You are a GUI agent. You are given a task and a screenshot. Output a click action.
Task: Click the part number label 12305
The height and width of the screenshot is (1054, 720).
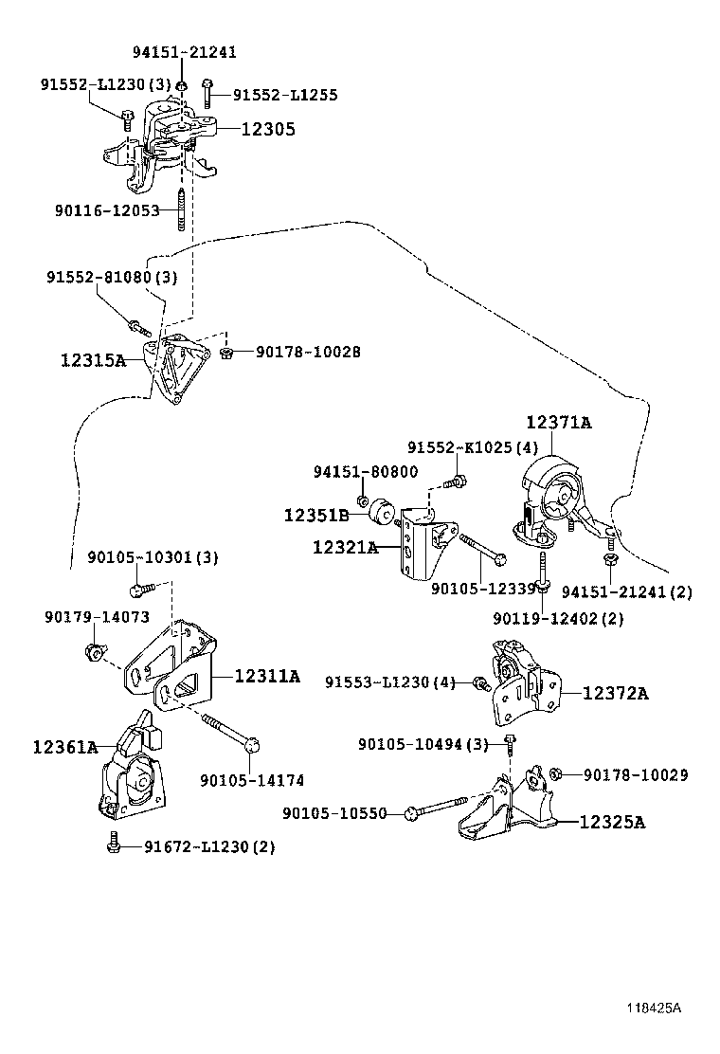[268, 129]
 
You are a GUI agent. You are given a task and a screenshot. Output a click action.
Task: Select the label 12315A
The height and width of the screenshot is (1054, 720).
[94, 361]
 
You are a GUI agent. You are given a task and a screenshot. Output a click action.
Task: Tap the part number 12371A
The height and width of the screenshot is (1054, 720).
[559, 422]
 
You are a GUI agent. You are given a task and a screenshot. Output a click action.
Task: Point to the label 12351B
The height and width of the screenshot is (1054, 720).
[316, 516]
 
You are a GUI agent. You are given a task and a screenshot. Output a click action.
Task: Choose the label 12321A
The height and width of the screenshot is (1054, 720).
[345, 548]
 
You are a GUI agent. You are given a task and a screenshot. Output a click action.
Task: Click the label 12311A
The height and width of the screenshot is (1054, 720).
[267, 676]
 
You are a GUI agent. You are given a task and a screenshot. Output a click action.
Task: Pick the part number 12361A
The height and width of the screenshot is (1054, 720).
[65, 747]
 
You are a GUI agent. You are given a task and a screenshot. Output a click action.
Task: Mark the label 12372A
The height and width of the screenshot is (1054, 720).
[616, 693]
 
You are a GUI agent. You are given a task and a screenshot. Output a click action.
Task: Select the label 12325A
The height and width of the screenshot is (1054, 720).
[613, 822]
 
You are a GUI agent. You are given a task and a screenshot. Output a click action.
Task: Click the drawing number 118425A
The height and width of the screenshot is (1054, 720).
[655, 1009]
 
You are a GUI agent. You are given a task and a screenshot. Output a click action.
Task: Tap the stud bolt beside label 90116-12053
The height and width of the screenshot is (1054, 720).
[181, 210]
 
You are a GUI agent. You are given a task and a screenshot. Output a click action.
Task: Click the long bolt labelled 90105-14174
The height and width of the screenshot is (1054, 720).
[230, 732]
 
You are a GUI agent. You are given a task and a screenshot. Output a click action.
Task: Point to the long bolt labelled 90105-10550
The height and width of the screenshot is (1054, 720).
[437, 808]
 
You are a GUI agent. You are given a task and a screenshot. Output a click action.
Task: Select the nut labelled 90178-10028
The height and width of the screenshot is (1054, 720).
[226, 352]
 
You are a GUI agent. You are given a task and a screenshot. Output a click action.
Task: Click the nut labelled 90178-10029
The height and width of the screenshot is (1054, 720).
[555, 773]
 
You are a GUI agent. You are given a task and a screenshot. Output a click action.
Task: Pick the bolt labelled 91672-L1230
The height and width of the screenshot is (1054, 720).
[114, 843]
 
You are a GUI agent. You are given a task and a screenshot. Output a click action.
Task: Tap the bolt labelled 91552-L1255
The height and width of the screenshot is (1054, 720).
[207, 93]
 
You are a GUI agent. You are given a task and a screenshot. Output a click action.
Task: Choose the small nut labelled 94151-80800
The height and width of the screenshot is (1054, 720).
[362, 500]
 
